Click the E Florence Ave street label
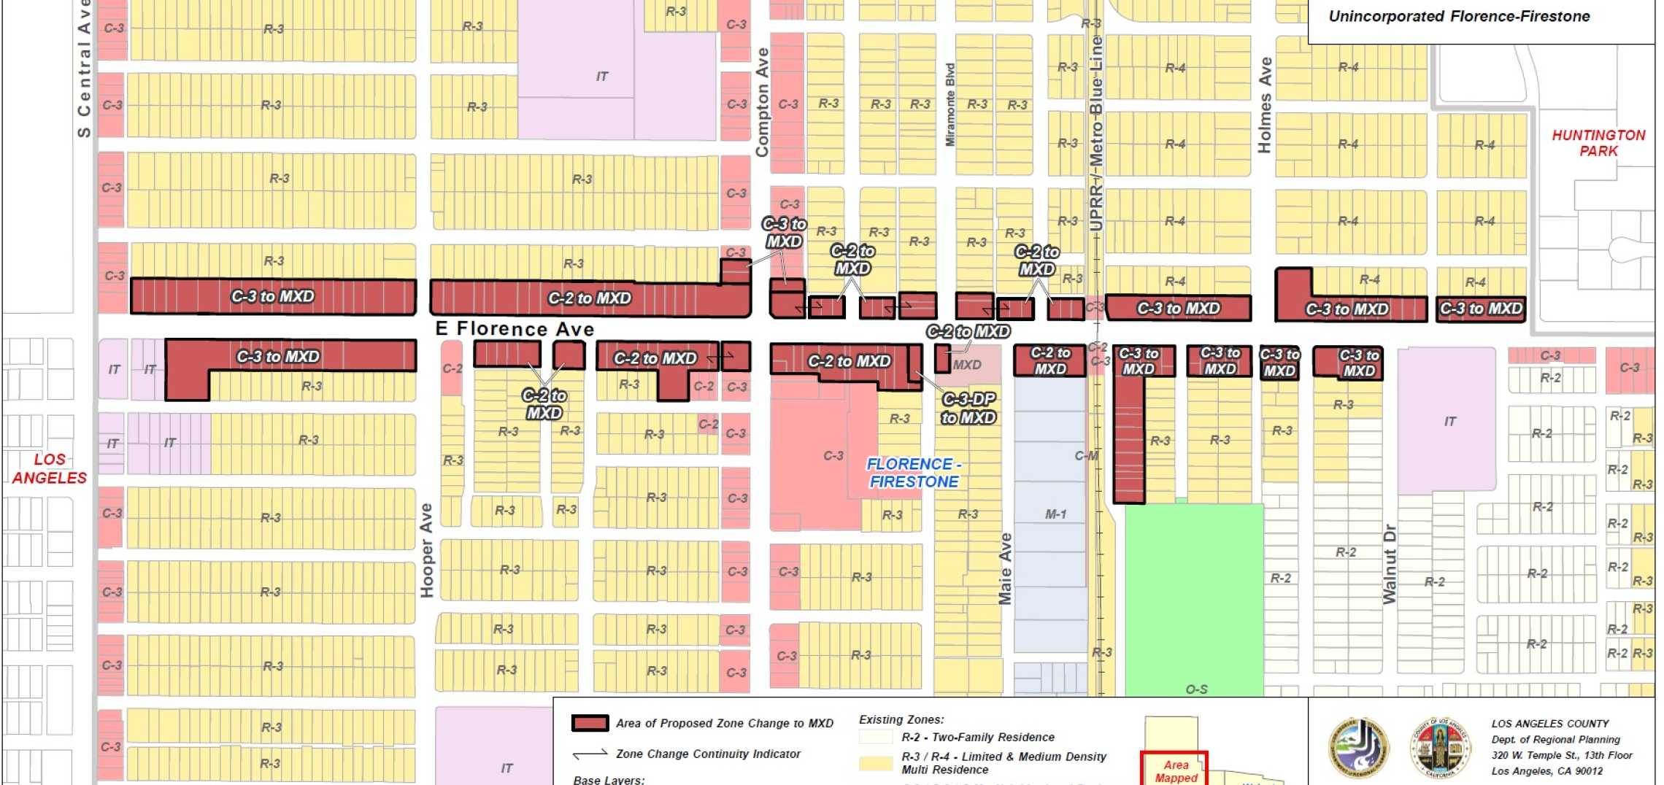515,329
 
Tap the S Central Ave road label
84,69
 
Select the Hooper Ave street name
426,550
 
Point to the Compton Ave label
762,102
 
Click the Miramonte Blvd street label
950,105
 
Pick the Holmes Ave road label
1265,105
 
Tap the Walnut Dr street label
1389,563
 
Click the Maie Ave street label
1005,569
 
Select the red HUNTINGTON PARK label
1598,143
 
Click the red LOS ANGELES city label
50,468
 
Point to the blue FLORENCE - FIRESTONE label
914,473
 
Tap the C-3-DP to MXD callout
968,409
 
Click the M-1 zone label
1055,514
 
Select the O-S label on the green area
1196,689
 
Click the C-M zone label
1086,456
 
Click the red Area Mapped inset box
1175,769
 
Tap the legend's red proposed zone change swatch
590,723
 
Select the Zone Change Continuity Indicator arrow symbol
590,754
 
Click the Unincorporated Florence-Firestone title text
1459,16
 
